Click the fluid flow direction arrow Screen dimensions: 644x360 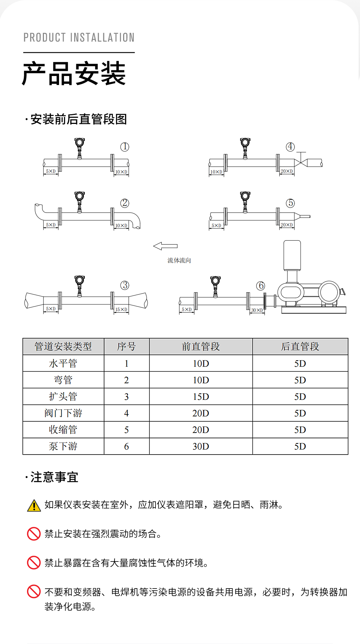[x=165, y=246]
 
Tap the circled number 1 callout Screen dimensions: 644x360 [x=125, y=147]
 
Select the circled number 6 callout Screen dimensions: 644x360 [x=261, y=286]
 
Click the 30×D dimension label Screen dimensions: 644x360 [x=257, y=310]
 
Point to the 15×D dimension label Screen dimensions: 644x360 [x=121, y=309]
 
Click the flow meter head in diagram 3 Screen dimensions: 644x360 [x=80, y=280]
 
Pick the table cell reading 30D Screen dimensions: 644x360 [x=201, y=446]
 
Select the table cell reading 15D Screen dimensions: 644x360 [x=201, y=397]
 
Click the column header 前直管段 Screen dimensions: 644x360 [x=201, y=346]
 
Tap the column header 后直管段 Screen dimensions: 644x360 [x=300, y=346]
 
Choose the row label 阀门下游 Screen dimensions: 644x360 [x=63, y=413]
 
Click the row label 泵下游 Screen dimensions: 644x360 [x=63, y=446]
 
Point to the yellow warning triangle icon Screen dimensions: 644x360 [x=34, y=506]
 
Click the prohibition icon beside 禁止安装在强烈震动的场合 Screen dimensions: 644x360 [x=34, y=533]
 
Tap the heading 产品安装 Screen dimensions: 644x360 [x=74, y=73]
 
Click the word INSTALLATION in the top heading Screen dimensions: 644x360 [x=102, y=37]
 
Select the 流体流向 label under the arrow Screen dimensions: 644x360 [x=179, y=260]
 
